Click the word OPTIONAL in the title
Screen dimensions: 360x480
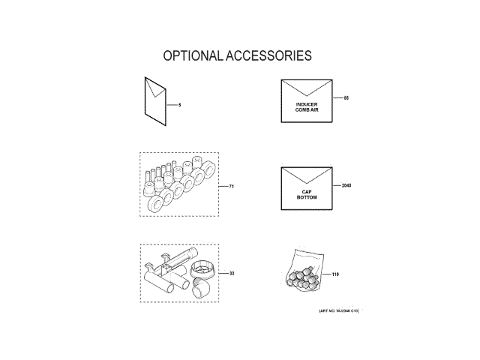(x=190, y=56)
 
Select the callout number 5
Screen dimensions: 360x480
(x=180, y=105)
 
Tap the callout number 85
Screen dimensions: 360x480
(x=346, y=98)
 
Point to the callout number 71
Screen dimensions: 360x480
(x=232, y=184)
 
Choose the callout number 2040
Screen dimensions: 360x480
(x=346, y=185)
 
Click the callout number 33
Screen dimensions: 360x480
(x=232, y=274)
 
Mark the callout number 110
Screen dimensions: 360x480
(x=335, y=274)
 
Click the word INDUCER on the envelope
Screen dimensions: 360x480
(x=307, y=104)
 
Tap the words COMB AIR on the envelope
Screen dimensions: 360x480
(x=307, y=110)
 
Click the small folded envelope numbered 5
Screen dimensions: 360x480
(x=155, y=97)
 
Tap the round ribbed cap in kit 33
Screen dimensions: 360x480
(x=202, y=268)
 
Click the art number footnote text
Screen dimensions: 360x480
(x=333, y=311)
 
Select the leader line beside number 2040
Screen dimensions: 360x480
(x=334, y=185)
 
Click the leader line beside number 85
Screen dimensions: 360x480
(x=336, y=98)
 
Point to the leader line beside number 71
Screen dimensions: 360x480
(x=223, y=184)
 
